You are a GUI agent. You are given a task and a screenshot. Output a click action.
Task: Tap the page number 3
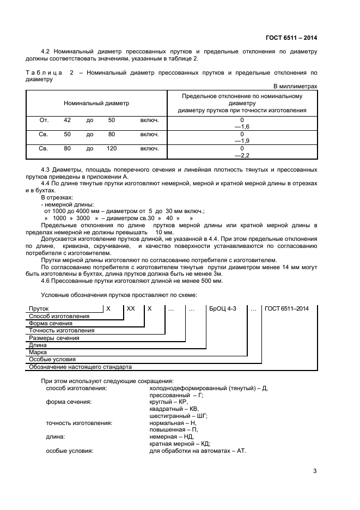coord(315,471)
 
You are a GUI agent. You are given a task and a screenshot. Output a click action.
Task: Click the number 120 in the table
coord(112,148)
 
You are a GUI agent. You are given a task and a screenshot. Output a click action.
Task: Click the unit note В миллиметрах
coord(295,86)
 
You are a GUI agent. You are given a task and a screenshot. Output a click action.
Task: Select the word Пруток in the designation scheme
coord(39,308)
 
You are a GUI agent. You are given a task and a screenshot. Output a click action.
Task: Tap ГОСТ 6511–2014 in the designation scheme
coord(286,308)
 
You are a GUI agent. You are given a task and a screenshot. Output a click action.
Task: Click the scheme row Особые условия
coord(52,360)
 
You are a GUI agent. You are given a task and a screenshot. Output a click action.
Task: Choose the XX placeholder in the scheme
coord(131,308)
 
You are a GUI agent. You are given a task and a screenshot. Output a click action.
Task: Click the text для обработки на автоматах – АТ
coord(198,451)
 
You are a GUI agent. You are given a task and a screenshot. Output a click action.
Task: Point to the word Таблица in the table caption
coord(43,72)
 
